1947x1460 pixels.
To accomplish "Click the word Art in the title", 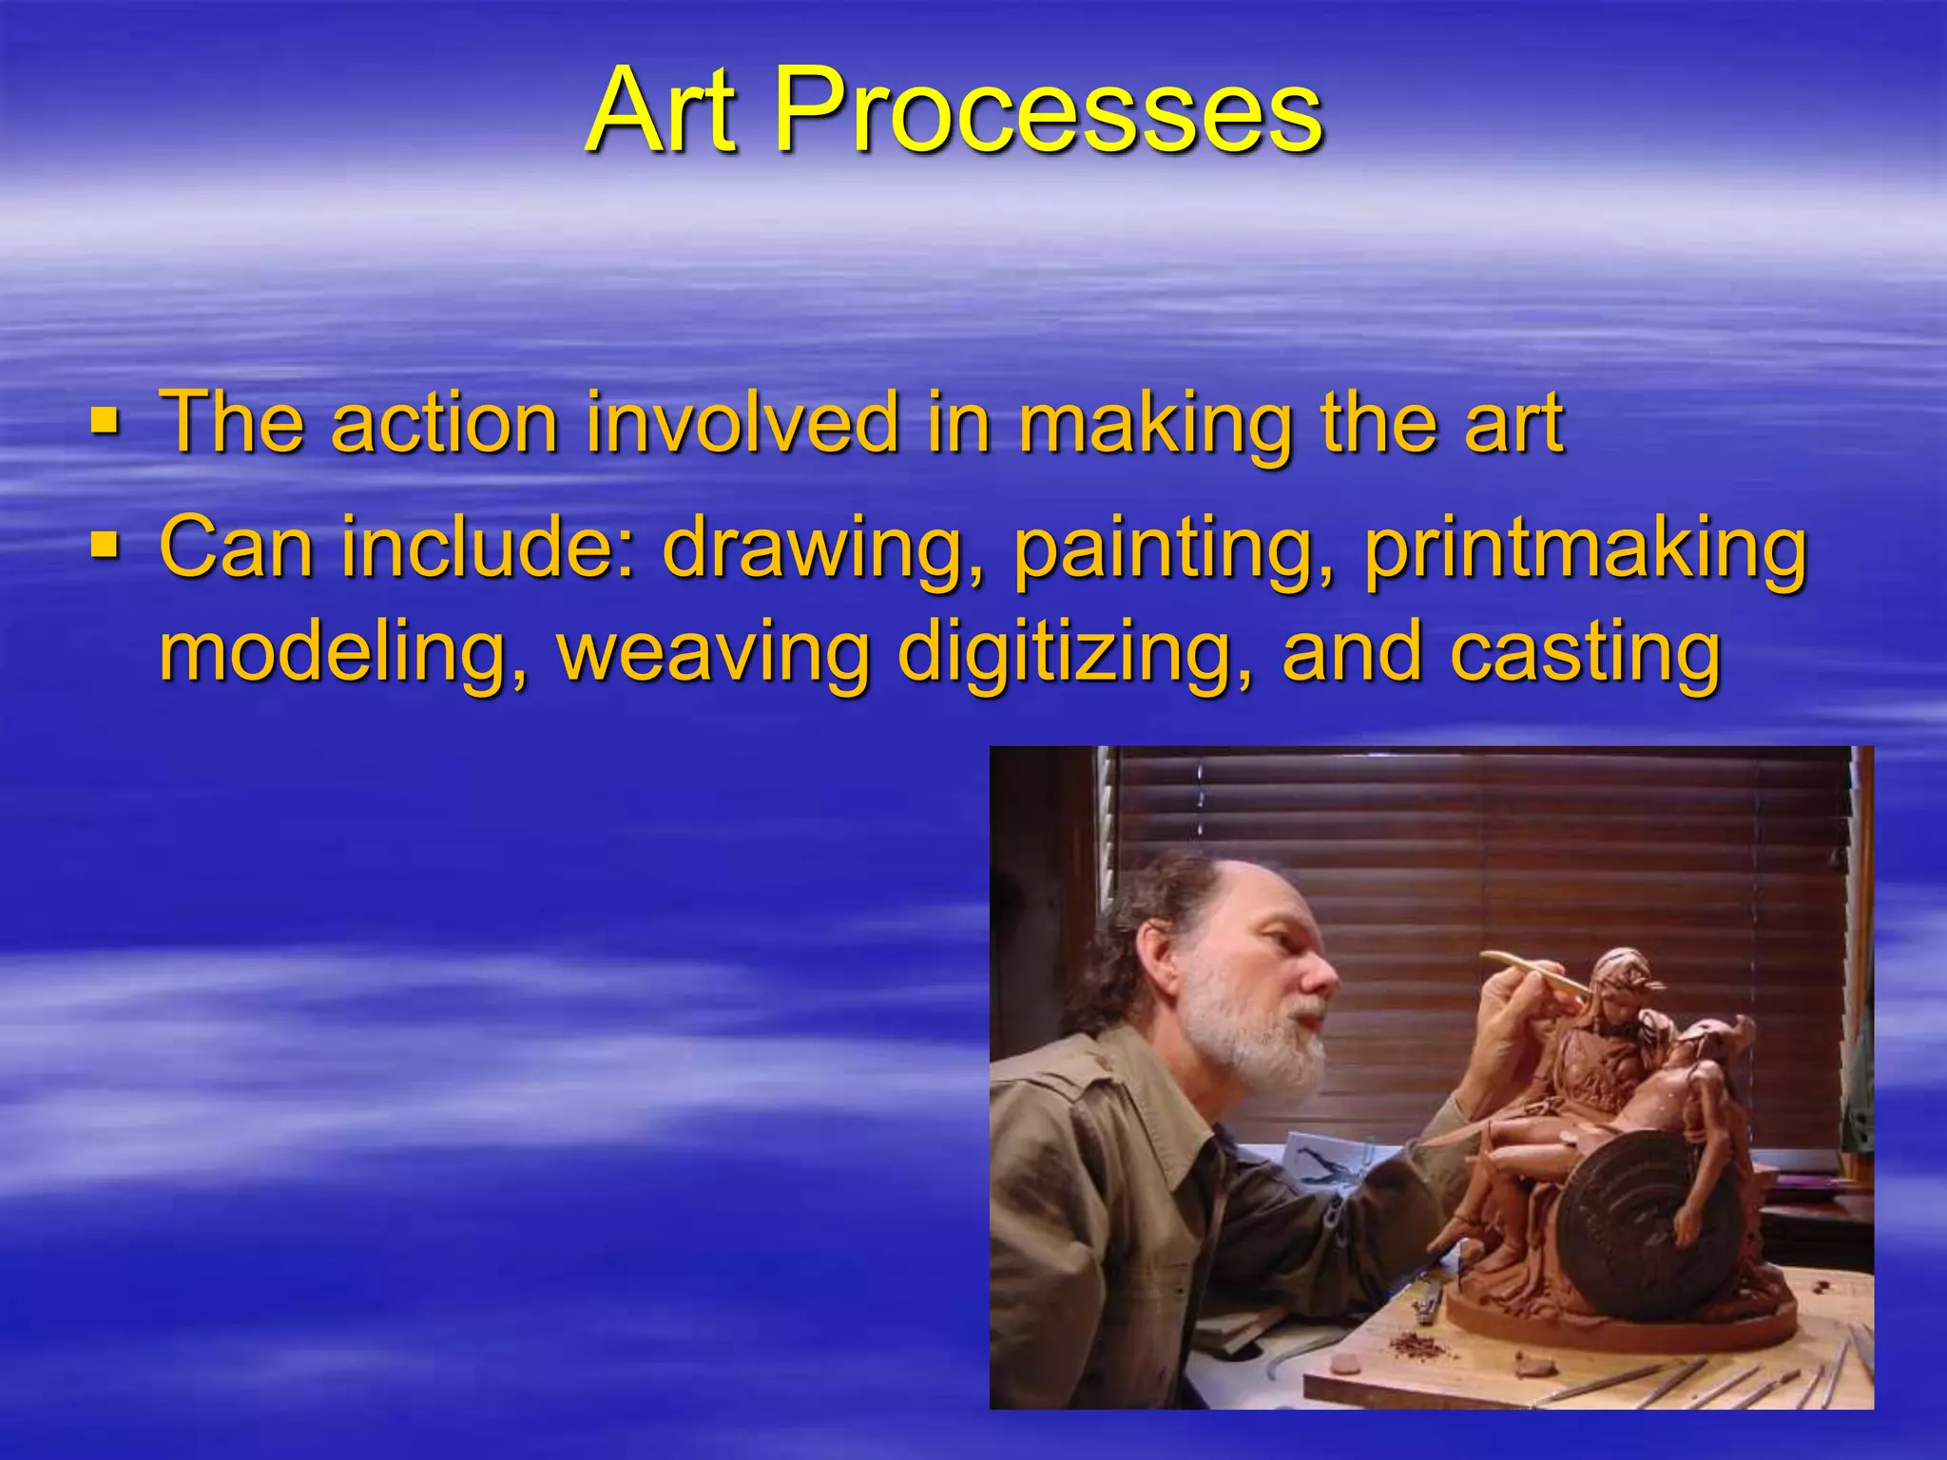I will click(663, 111).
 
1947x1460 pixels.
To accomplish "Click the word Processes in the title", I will click(1048, 111).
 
